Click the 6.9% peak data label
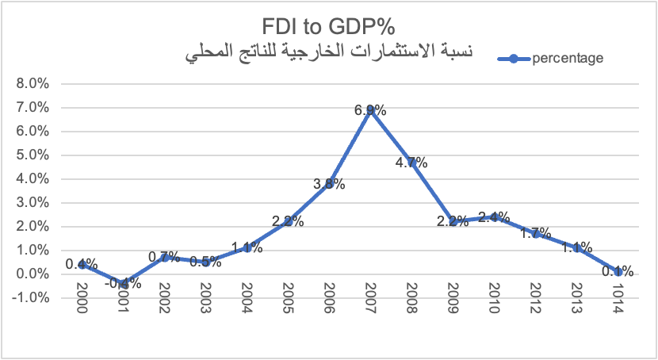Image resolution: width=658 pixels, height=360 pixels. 370,111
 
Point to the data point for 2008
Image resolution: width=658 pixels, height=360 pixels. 411,163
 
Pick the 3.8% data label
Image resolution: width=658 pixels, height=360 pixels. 329,184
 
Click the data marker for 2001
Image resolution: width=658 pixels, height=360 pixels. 123,283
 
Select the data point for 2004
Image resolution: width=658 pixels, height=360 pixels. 247,247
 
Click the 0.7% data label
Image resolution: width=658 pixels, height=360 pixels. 164,257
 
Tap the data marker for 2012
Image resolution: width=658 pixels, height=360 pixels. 535,233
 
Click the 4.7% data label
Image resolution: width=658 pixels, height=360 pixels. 411,163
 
